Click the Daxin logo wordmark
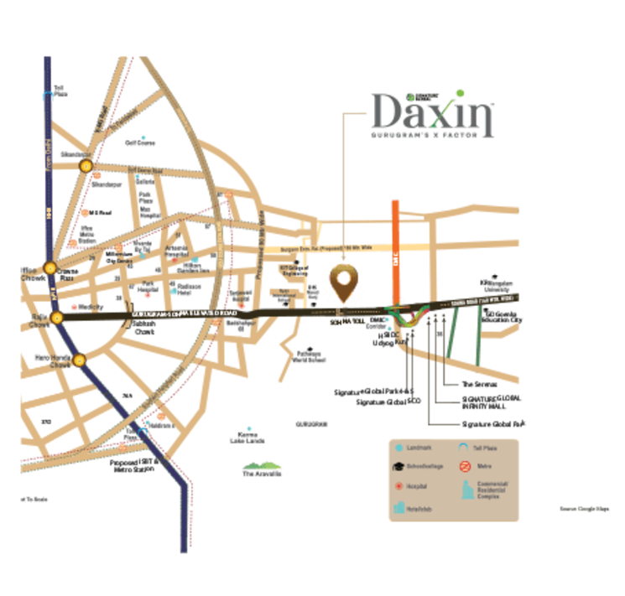(x=433, y=117)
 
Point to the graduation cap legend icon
(x=398, y=467)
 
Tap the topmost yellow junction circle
(x=86, y=166)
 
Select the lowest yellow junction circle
(x=80, y=361)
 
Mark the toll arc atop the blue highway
(x=48, y=96)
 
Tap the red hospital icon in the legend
(x=398, y=485)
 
